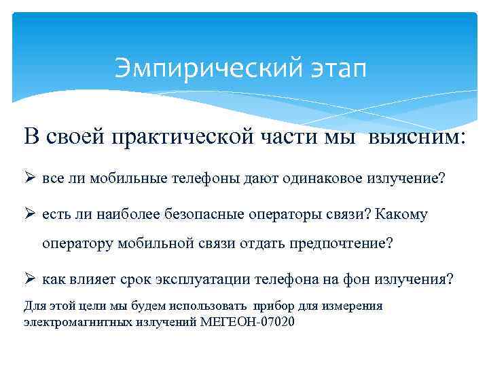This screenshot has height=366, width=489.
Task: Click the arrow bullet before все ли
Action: [x=29, y=178]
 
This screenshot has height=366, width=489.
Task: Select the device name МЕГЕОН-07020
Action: [x=249, y=321]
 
